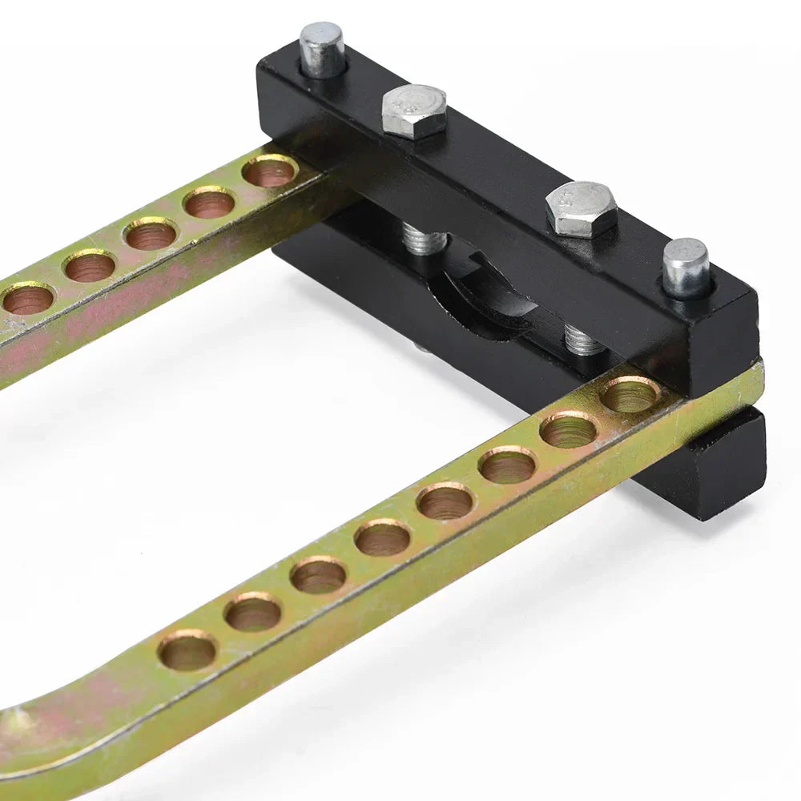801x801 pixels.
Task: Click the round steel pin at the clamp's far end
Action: coord(322,50)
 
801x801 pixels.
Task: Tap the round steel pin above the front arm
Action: coord(686,268)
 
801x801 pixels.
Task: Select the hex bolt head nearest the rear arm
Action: coord(413,111)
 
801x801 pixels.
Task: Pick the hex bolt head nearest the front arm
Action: coord(582,208)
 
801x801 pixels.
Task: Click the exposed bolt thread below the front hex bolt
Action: coord(583,341)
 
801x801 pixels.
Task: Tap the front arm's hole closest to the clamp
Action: coord(630,394)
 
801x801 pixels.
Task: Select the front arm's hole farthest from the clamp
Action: coord(187,650)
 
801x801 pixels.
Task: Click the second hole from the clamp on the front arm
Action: coord(568,430)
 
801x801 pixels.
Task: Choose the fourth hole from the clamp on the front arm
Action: coord(445,501)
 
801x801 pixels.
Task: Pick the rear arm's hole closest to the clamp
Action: coord(270,171)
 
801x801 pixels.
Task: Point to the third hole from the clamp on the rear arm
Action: coord(150,234)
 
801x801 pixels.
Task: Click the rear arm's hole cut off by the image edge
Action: coord(28,299)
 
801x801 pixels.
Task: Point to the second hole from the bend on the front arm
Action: coord(253,613)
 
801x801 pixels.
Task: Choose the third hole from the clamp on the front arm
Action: coord(507,465)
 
